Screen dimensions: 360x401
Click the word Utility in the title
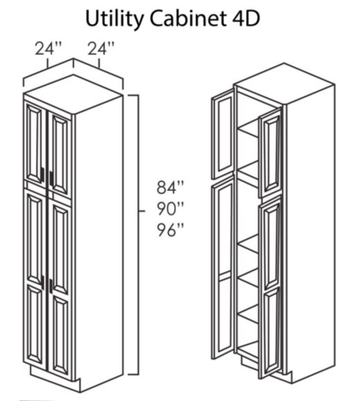pyautogui.click(x=114, y=19)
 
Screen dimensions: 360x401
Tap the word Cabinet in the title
pyautogui.click(x=188, y=19)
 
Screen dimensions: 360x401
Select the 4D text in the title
pyautogui.click(x=246, y=19)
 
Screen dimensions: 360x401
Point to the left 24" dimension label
pyautogui.click(x=49, y=49)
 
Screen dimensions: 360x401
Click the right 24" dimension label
pyautogui.click(x=101, y=49)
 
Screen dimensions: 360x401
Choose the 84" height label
pyautogui.click(x=170, y=187)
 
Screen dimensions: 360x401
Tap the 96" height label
pyautogui.click(x=170, y=230)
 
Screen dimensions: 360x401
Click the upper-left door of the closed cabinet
pyautogui.click(x=35, y=143)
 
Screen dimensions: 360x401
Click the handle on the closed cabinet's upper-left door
pyautogui.click(x=42, y=174)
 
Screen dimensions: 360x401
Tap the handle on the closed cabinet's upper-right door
pyautogui.click(x=51, y=178)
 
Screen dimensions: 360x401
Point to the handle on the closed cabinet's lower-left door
pyautogui.click(x=42, y=282)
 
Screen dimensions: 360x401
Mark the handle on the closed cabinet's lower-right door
pyautogui.click(x=51, y=286)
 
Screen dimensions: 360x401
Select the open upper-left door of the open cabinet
pyautogui.click(x=223, y=134)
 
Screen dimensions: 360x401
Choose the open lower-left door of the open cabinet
pyautogui.click(x=223, y=268)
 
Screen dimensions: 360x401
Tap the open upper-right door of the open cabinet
pyautogui.click(x=271, y=153)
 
